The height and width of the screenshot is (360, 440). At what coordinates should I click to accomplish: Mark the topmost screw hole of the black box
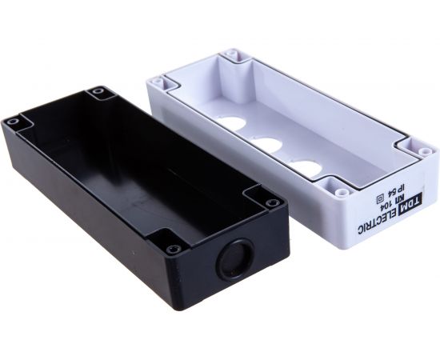(x=99, y=92)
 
